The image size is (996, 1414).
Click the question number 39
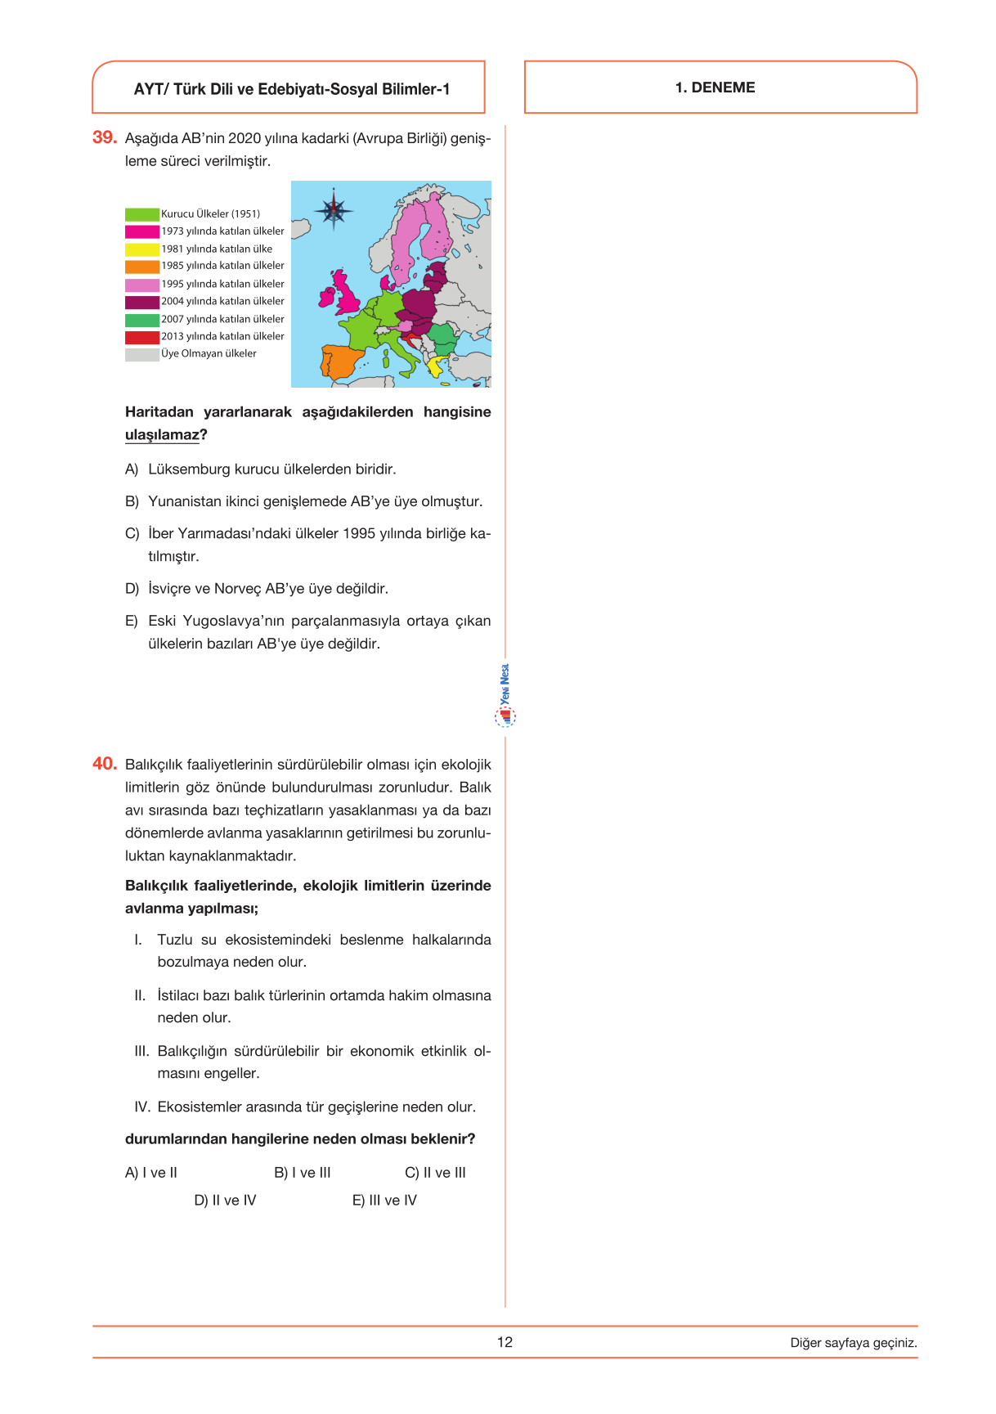(105, 137)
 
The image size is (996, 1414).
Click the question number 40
(105, 764)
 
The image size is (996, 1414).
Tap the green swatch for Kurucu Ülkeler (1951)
(141, 214)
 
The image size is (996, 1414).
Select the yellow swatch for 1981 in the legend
(141, 249)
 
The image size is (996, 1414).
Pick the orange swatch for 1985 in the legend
(141, 267)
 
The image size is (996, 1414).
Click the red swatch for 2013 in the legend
(141, 337)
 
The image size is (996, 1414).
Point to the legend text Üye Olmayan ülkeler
(209, 354)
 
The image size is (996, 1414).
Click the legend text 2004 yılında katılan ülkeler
(222, 302)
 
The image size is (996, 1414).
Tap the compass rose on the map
(333, 210)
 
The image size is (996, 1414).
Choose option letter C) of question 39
(132, 534)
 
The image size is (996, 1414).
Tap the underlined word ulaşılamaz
(162, 435)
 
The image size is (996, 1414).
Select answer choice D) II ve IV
(225, 1201)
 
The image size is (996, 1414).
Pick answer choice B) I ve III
(303, 1173)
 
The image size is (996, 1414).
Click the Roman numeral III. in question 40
(141, 1051)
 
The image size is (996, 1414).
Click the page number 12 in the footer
(505, 1342)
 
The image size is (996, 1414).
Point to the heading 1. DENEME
(715, 88)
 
